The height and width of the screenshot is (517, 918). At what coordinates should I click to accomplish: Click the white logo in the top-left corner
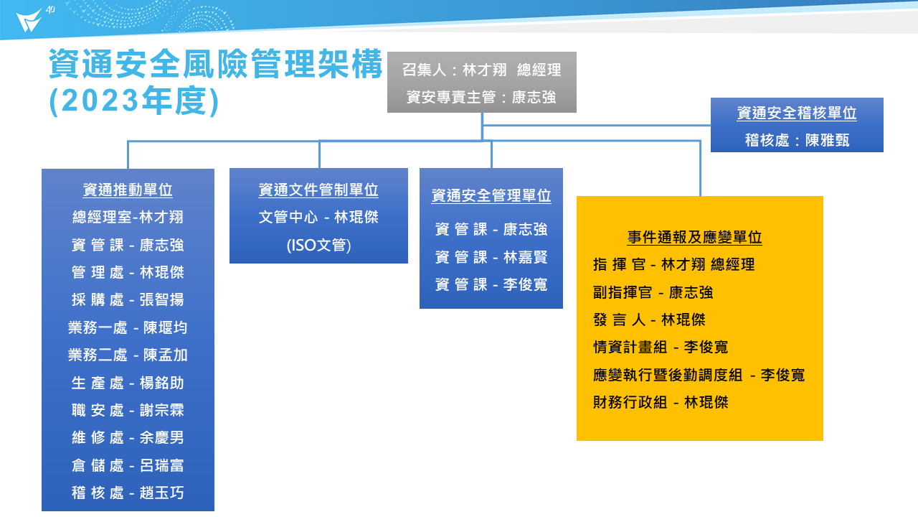coord(29,21)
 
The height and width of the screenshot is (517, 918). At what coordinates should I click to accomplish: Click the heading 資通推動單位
coord(128,190)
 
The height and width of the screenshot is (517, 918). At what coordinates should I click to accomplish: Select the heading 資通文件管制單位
coord(318,190)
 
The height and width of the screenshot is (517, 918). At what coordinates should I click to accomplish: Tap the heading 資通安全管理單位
coord(491,195)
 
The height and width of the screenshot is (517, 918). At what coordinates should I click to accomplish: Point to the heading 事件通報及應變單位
coord(694,237)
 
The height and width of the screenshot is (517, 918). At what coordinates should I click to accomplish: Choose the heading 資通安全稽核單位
coord(797,113)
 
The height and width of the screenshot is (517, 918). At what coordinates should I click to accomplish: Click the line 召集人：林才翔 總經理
coord(481,70)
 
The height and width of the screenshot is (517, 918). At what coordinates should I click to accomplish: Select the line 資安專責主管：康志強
coord(481,97)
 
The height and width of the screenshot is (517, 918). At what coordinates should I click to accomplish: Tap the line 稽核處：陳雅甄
coord(797,140)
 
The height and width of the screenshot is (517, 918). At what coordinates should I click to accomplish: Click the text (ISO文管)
coord(318,245)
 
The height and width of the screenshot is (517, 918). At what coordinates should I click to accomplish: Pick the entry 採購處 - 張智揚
coord(128,299)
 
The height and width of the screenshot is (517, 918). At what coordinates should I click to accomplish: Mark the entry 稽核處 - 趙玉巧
coord(128,493)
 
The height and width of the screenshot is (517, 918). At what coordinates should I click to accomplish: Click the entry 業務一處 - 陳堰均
coord(128,327)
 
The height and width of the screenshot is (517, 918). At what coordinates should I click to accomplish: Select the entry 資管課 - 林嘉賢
coord(491,257)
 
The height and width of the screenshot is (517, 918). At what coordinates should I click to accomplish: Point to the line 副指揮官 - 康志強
coord(653,292)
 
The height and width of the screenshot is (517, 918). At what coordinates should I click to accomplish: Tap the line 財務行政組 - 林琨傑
coord(661,402)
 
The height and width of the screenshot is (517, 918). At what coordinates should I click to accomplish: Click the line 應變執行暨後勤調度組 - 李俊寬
coord(699,375)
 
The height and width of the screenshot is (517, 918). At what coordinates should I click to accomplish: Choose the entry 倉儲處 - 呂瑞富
coord(128,465)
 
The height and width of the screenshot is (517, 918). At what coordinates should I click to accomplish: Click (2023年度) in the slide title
coord(134,101)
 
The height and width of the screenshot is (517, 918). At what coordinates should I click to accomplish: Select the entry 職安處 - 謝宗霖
coord(128,410)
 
